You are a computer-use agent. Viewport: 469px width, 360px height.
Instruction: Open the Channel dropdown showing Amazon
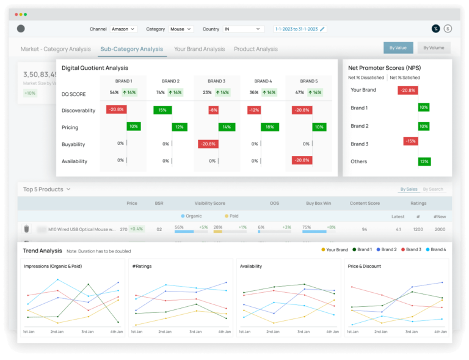(x=123, y=29)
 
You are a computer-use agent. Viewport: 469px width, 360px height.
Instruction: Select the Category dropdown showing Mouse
(x=181, y=29)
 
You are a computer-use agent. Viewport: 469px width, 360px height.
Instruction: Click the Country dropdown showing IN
(x=242, y=29)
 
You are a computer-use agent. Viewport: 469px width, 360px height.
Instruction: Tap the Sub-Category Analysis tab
(x=132, y=49)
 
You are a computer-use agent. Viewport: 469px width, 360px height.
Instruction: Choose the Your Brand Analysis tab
(x=199, y=49)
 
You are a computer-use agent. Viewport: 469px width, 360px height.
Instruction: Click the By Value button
(x=398, y=48)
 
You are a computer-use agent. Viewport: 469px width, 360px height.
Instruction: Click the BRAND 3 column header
(x=216, y=81)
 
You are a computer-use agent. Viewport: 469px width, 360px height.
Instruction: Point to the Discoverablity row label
(x=79, y=111)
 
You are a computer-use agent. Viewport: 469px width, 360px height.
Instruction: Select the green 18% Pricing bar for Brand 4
(x=267, y=127)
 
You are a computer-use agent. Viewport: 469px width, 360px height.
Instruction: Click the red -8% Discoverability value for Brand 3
(x=213, y=111)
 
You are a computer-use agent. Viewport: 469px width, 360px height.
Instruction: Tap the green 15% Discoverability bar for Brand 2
(x=162, y=111)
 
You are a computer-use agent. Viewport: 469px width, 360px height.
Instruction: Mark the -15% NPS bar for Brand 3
(x=410, y=141)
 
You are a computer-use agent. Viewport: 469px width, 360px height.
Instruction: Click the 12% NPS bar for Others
(x=424, y=162)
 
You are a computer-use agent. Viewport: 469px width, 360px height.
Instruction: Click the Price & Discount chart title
(x=365, y=266)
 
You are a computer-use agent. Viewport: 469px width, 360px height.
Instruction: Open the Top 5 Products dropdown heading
(x=47, y=189)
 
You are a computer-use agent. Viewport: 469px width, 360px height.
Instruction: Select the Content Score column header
(x=365, y=203)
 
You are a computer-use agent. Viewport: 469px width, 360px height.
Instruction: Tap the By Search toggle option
(x=434, y=189)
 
